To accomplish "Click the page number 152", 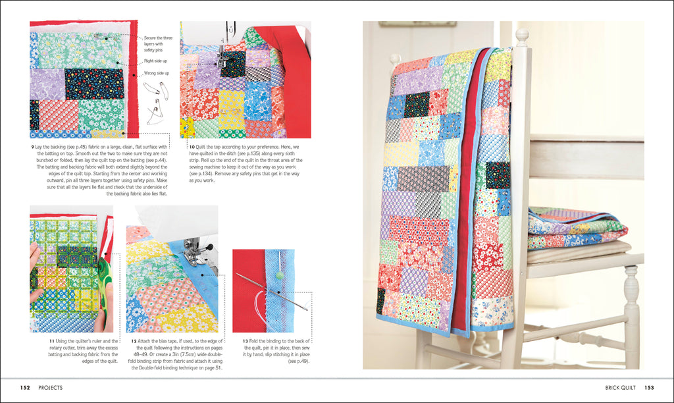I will coord(26,388).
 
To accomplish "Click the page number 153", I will coord(648,388).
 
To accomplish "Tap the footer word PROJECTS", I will coord(51,388).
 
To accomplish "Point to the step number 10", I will coord(192,146).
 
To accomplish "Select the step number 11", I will coord(51,340).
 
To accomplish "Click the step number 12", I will coord(134,340).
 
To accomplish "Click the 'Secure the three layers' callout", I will coord(159,43).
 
